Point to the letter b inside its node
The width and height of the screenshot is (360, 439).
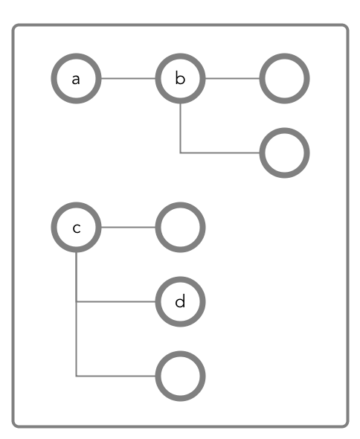click(x=180, y=78)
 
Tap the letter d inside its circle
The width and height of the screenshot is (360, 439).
click(x=180, y=301)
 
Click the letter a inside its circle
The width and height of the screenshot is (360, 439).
click(x=76, y=79)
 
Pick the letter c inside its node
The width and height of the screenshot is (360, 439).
click(x=77, y=228)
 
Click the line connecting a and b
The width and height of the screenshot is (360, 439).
click(x=128, y=78)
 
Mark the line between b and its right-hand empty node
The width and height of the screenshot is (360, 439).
click(x=232, y=78)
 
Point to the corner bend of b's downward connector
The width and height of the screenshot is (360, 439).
click(x=180, y=153)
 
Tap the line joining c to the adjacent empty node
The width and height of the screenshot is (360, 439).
click(x=128, y=228)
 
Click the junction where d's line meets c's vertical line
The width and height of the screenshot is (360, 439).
click(x=76, y=302)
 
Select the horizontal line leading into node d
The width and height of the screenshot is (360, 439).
click(x=116, y=302)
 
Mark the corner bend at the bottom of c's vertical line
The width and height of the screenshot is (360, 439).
click(x=76, y=376)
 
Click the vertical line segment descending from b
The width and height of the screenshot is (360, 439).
click(x=180, y=128)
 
